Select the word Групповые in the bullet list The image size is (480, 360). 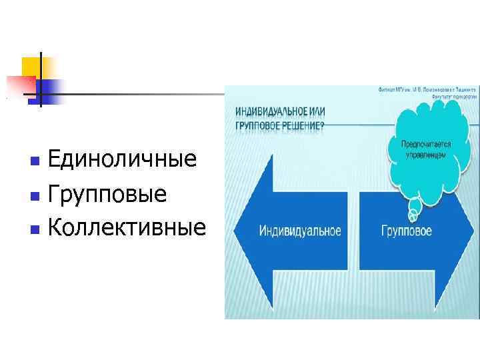107,195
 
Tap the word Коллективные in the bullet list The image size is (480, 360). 127,229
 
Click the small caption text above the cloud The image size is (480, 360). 427,92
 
